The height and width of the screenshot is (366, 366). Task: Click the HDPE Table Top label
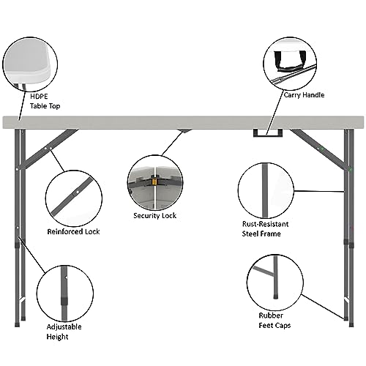pos(45,101)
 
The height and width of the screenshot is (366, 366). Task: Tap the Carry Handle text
pos(304,95)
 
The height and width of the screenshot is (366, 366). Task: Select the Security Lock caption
pos(155,216)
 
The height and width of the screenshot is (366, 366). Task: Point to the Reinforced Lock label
pos(73,231)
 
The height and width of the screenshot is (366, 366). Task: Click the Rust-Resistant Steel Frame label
pos(265,229)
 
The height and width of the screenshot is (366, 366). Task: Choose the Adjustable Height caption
pos(64,332)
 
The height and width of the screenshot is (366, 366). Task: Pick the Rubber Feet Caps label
pos(274,321)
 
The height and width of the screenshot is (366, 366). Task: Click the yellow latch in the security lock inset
pos(154,182)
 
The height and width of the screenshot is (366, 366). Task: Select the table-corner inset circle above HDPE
pos(30,64)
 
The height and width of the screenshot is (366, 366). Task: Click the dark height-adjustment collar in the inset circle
pos(64,301)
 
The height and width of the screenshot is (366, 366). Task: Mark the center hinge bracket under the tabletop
pos(184,131)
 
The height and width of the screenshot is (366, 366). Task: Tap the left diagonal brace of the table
pos(49,149)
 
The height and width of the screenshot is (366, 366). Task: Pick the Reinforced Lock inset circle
pos(74,198)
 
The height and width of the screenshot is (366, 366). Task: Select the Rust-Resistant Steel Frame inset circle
pos(266,190)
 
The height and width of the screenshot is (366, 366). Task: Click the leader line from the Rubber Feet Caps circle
pos(323,307)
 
